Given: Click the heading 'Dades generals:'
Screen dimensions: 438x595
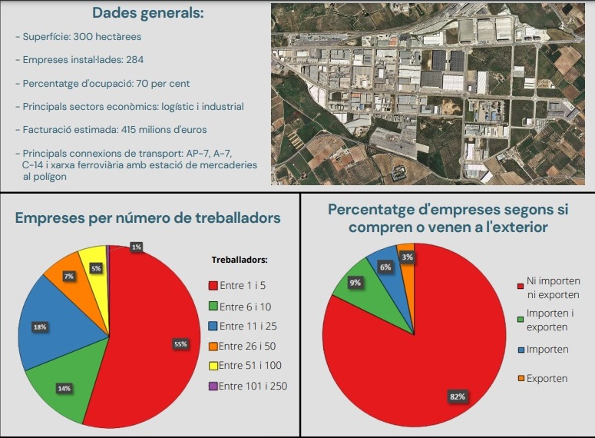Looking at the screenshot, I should point(147,13).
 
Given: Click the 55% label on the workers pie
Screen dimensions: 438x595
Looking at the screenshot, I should point(181,344).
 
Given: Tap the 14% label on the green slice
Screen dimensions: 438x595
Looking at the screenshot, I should point(64,388).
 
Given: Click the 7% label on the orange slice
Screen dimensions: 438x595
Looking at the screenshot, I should point(69,275).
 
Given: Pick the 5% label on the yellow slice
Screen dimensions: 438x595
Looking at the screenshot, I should point(97,268).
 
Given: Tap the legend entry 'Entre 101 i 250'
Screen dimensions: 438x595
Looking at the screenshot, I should point(253,386).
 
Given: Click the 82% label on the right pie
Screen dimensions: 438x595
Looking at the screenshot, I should point(458,397).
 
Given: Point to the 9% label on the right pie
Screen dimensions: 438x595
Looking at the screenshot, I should point(355,282).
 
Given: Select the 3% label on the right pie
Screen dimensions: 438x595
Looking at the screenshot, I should point(408,257).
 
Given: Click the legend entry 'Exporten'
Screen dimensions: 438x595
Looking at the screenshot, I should point(547,378).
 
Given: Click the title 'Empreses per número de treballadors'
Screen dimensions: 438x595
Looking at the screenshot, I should point(148,217).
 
